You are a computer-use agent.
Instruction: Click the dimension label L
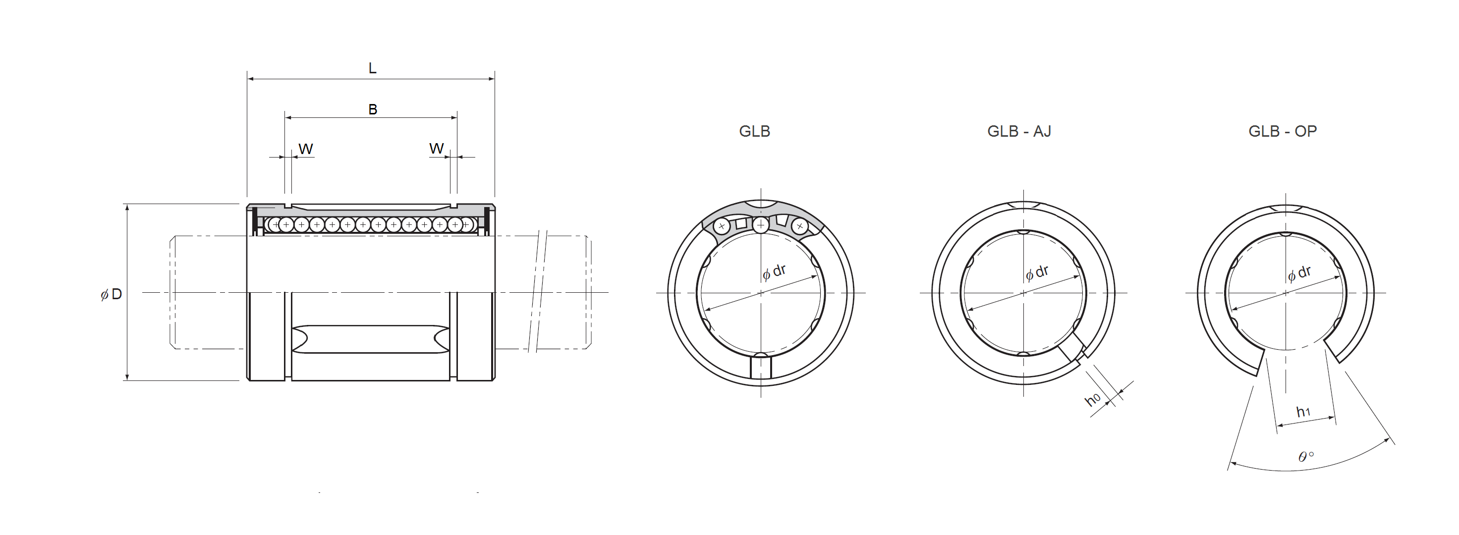click(372, 68)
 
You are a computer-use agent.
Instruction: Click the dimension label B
click(373, 109)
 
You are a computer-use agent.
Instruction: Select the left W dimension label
click(306, 149)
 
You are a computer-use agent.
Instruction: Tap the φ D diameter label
click(112, 294)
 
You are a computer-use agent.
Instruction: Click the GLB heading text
click(754, 131)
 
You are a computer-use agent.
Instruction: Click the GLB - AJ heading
click(1019, 131)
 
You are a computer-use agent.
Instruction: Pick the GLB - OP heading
click(1282, 131)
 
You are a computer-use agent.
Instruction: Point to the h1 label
click(1303, 412)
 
